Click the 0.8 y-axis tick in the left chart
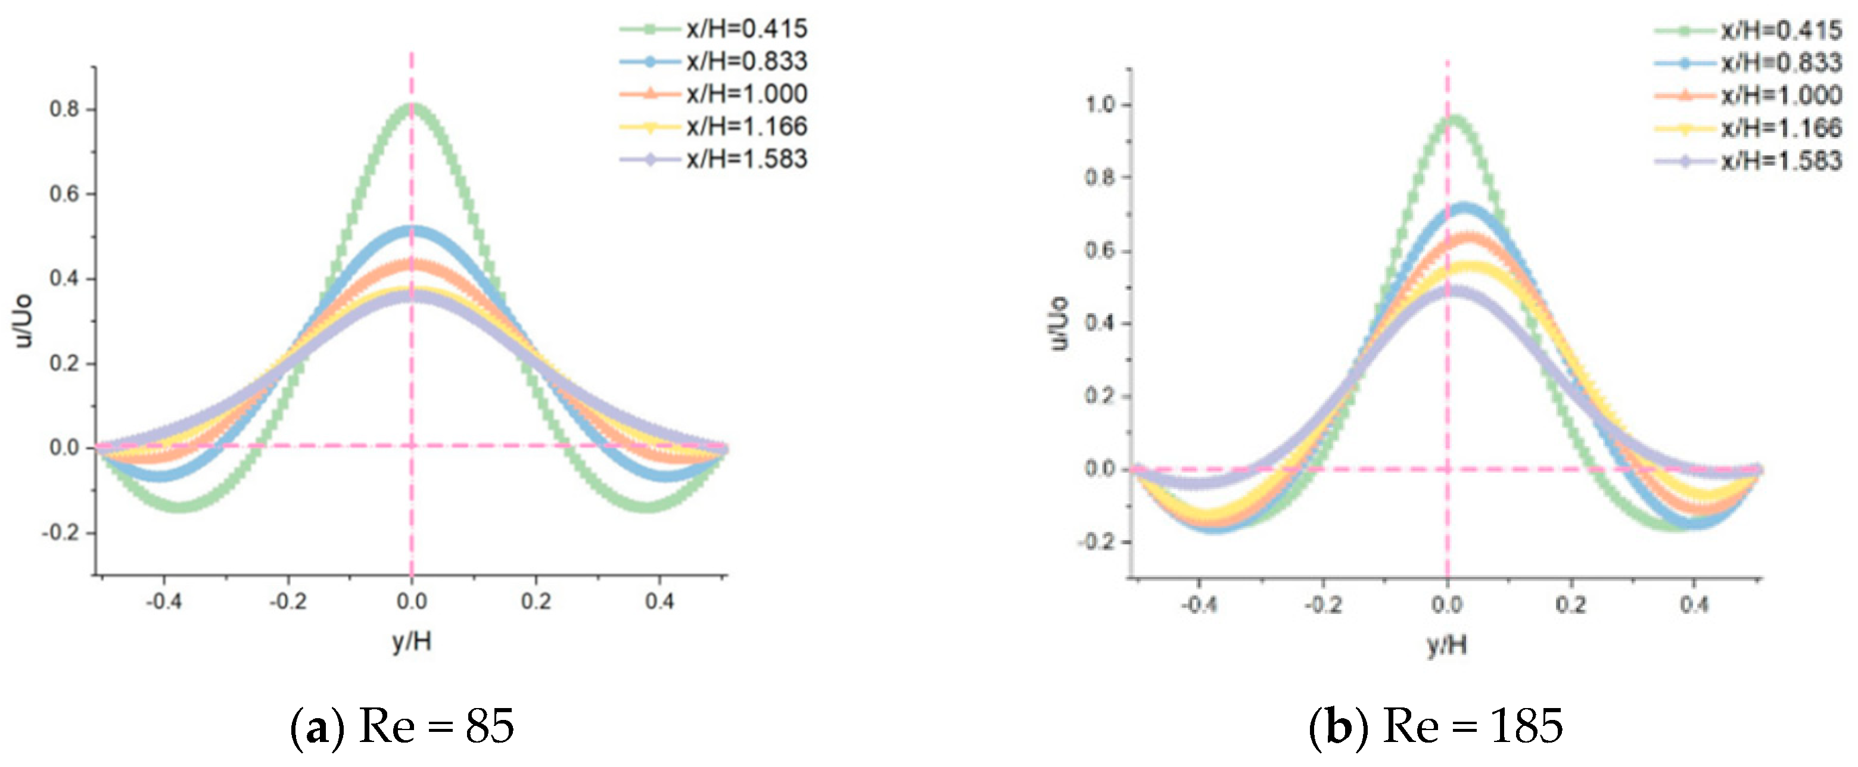tap(64, 110)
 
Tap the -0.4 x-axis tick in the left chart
tap(164, 600)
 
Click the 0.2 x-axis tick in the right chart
tap(1571, 604)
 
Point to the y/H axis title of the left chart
tap(412, 641)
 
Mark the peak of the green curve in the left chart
tap(412, 108)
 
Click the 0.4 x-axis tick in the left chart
tap(659, 600)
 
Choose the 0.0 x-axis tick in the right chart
tap(1447, 604)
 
